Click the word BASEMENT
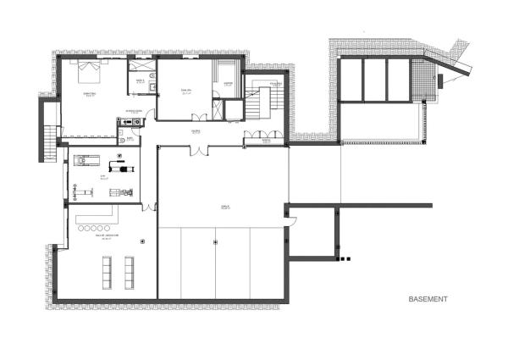click(x=428, y=300)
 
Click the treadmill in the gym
click(x=87, y=158)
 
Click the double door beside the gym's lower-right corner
click(x=149, y=207)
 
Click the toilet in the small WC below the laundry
click(x=122, y=141)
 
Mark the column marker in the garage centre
click(x=217, y=242)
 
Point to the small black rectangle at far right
click(x=440, y=81)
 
